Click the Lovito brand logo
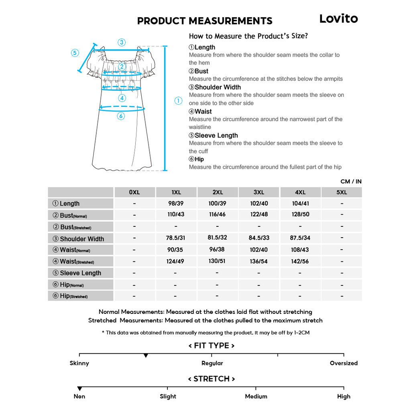338,18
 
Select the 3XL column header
259,192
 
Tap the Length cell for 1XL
176,203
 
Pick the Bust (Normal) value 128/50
300,214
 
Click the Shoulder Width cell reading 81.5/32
217,238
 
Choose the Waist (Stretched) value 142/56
300,261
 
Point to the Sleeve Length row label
80,273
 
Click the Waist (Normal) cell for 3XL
258,250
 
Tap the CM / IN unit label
351,181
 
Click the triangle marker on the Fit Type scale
146,356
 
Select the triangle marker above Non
79,389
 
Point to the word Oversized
344,363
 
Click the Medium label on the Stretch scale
256,397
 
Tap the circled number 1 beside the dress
178,101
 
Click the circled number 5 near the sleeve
75,53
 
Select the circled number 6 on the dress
121,116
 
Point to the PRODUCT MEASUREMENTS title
205,21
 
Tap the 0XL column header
134,192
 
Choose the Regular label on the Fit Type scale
212,363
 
